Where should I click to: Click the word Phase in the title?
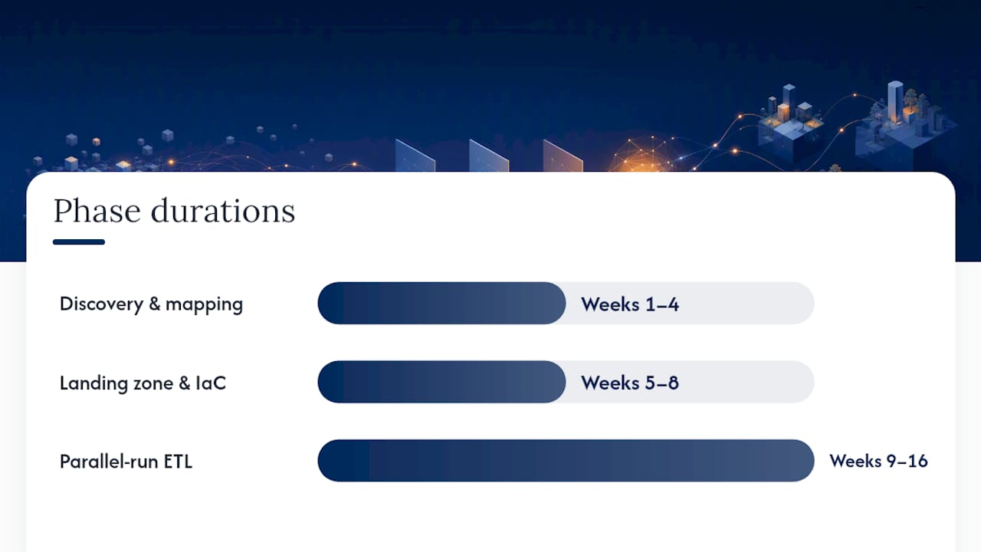coord(97,211)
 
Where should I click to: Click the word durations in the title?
coord(223,211)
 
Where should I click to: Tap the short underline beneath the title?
coord(79,242)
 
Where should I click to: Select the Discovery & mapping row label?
coord(151,304)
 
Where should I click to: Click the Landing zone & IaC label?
coord(143,383)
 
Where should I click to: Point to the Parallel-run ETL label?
coord(126,462)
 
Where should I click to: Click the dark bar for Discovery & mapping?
coord(441,303)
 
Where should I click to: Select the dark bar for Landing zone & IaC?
coord(441,382)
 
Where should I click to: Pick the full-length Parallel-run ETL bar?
coord(566,461)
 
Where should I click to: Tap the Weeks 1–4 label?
coord(630,304)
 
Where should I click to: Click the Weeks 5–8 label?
coord(630,383)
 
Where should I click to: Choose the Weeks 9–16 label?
coord(878,461)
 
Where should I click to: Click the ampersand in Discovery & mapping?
coord(155,303)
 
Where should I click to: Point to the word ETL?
coord(178,462)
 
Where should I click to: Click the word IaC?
coord(211,383)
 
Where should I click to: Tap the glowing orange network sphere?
coord(643,154)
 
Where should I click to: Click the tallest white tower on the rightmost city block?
coord(895,102)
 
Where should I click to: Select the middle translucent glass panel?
coord(489,156)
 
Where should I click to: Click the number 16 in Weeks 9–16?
coord(917,461)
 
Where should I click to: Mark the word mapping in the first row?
coord(204,305)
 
